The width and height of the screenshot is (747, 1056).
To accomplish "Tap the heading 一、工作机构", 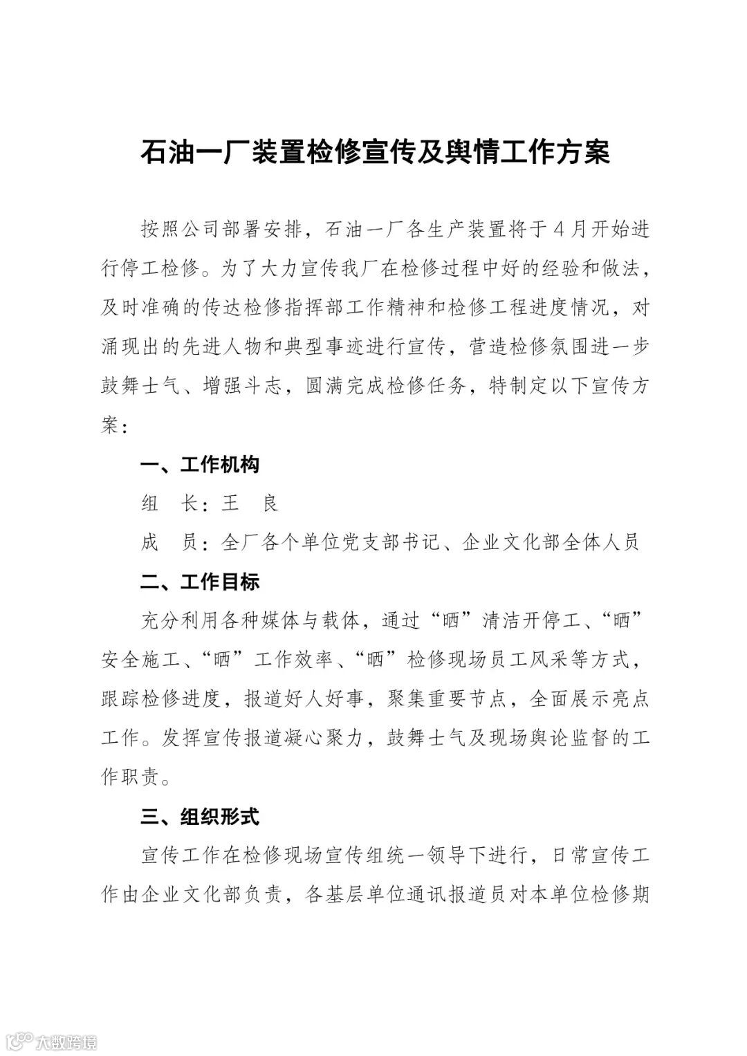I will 200,465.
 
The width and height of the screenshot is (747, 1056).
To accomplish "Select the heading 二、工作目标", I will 200,582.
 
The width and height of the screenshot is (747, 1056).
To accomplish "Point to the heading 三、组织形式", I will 200,817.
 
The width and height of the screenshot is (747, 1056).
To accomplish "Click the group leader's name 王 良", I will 250,503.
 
